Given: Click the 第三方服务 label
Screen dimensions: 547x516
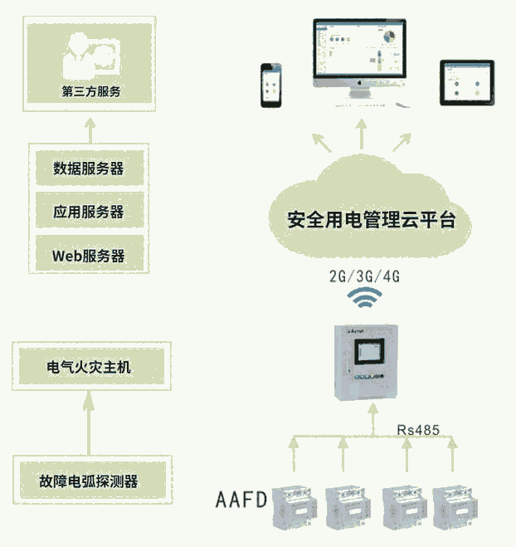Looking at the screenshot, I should click(x=91, y=91).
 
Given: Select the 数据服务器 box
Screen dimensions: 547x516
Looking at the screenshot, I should click(x=89, y=168).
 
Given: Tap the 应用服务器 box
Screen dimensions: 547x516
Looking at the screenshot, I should click(x=89, y=212).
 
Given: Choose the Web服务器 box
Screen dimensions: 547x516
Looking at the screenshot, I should click(x=89, y=255).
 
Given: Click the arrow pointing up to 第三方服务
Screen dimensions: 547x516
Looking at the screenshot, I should click(x=91, y=128).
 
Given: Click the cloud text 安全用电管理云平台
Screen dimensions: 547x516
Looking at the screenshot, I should click(x=371, y=221).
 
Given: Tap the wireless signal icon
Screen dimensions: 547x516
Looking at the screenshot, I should click(x=363, y=298).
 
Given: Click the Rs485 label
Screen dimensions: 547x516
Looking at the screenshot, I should click(x=418, y=429).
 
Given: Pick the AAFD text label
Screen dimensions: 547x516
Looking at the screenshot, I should click(x=241, y=500).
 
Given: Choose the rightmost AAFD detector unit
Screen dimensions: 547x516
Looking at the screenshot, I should click(x=455, y=505).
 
